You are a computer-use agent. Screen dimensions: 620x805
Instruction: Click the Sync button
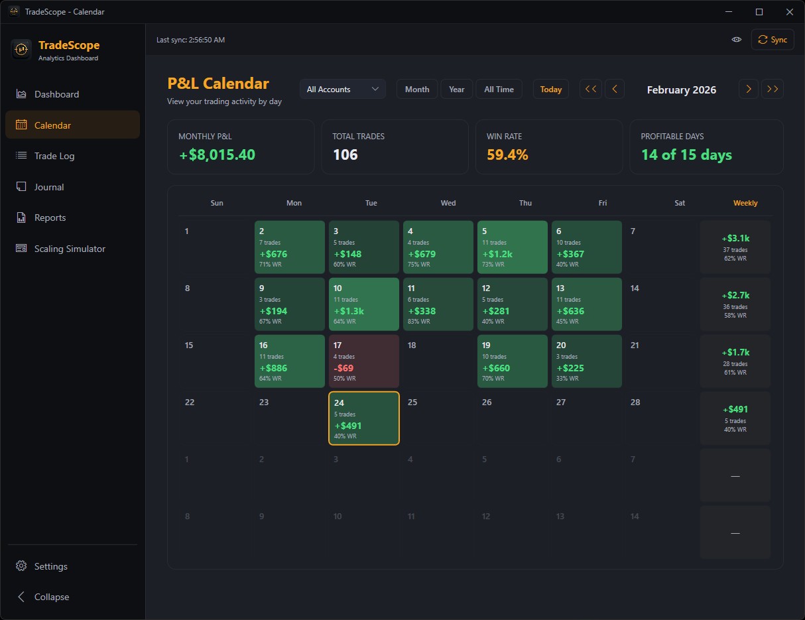773,40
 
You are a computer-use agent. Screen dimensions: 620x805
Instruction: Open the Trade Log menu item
54,156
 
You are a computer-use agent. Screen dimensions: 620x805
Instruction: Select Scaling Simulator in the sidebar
70,249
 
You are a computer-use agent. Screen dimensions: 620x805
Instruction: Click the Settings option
51,566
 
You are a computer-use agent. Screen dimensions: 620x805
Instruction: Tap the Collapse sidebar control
51,597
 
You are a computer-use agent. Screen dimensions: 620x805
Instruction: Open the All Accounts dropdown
342,90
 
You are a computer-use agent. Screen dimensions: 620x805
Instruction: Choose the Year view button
456,90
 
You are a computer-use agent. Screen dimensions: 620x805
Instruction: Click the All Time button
499,90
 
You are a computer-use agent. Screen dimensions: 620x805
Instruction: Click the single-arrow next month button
748,90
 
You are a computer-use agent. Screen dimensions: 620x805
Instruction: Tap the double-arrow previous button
591,90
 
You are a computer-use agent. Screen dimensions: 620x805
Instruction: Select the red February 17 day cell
364,361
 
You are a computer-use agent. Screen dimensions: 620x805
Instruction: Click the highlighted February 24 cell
364,418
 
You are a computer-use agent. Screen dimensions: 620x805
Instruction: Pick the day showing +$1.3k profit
364,304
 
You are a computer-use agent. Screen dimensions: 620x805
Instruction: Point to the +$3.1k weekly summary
735,247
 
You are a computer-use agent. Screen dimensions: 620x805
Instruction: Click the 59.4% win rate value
507,155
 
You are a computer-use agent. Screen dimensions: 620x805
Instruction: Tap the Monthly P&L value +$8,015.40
217,155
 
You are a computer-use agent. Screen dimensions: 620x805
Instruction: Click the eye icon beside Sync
736,40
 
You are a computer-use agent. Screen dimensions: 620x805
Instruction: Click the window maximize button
759,12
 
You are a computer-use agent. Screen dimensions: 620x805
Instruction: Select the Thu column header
525,203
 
